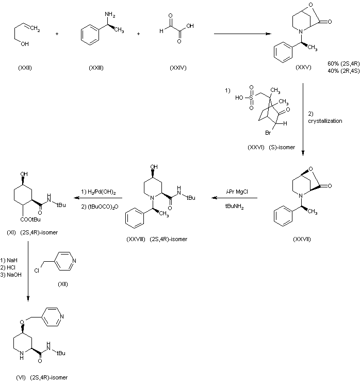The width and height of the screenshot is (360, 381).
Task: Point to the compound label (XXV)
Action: (x=303, y=68)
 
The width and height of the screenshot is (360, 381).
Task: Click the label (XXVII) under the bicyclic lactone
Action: (x=302, y=239)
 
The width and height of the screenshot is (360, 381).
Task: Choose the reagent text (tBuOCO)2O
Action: (x=100, y=206)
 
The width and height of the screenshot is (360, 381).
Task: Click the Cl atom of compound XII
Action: (x=37, y=269)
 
